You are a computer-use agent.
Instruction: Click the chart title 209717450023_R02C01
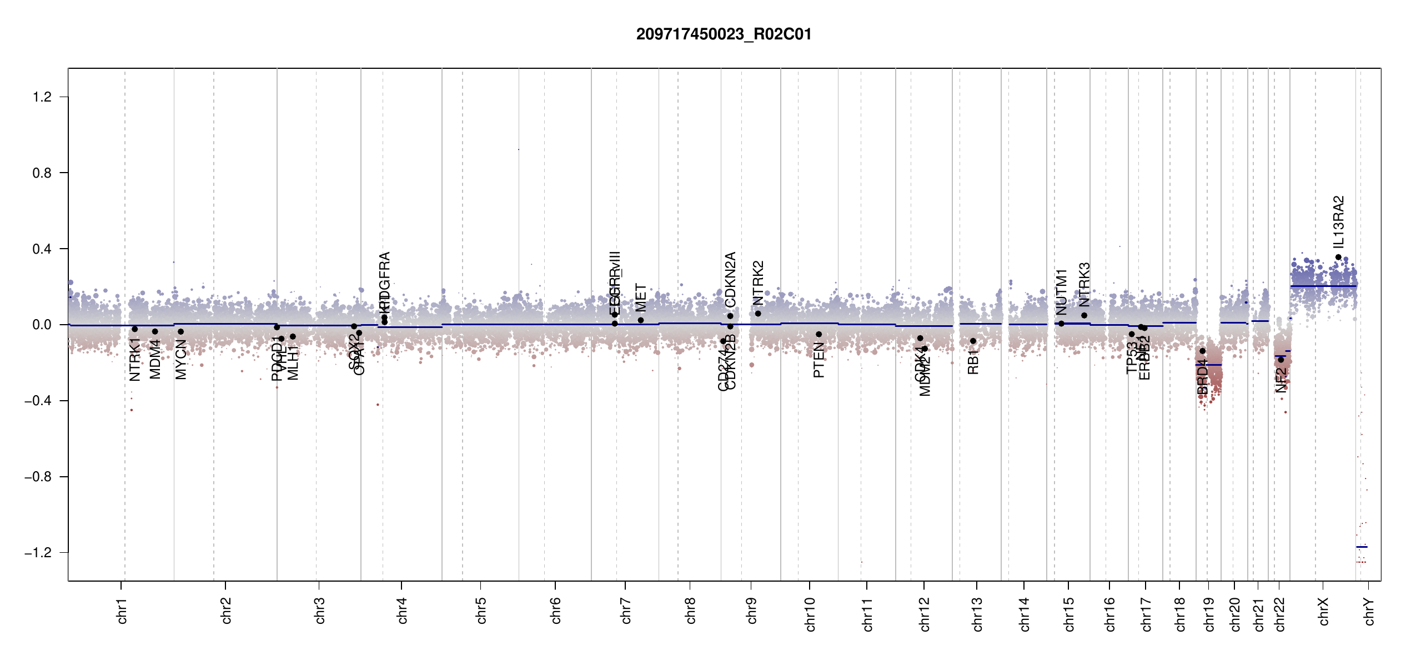click(724, 34)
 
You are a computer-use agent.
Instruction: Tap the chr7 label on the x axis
click(626, 610)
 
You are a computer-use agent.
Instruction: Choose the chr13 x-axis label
click(977, 614)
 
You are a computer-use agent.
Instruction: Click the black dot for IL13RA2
click(1338, 258)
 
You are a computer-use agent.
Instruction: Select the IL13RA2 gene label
click(1338, 222)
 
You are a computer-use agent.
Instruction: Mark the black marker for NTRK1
click(135, 329)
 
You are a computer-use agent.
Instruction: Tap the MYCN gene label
click(180, 360)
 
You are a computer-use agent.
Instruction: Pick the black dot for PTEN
click(819, 334)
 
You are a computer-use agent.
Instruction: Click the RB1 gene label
click(973, 362)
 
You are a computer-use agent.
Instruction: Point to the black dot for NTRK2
click(758, 314)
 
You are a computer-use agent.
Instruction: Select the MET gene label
click(641, 298)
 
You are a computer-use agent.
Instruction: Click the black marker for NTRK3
click(1084, 315)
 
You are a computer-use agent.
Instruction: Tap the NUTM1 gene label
click(1061, 292)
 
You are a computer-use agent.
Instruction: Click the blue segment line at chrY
click(1362, 547)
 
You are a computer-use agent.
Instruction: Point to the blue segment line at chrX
click(1323, 286)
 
